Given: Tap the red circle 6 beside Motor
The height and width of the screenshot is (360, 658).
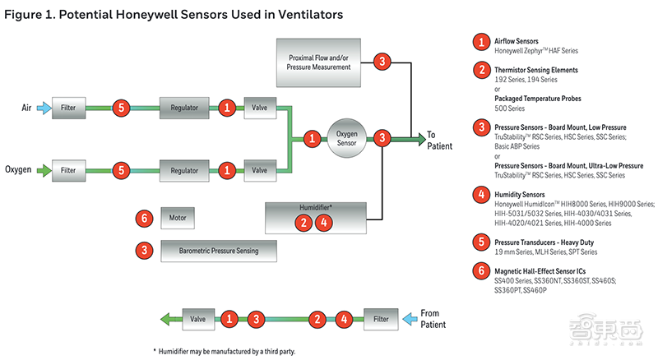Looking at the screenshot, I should click(x=145, y=219).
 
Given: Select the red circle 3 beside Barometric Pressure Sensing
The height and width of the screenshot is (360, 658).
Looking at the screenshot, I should click(x=145, y=250).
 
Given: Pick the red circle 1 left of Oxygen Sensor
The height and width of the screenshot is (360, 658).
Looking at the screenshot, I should click(x=312, y=139).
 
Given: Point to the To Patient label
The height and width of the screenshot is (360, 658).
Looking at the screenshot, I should click(x=439, y=141).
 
